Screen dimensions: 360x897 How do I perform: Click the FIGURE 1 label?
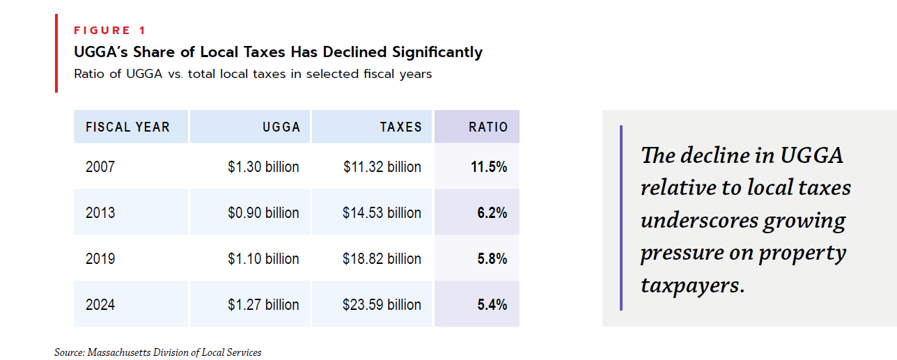pos(111,30)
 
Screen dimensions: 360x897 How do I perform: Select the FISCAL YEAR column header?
pos(127,127)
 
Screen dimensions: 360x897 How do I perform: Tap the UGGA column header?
pos(281,127)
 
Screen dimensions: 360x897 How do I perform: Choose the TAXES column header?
pos(400,127)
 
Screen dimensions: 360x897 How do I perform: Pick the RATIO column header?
pos(488,127)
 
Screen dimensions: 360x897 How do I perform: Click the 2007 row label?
pos(100,167)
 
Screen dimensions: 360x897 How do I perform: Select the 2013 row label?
pos(100,213)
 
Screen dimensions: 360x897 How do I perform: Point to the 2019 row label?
pos(100,259)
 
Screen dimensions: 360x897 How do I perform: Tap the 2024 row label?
pos(100,305)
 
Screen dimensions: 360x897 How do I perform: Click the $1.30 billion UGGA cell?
pos(263,167)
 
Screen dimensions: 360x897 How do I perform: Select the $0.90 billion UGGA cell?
pos(263,213)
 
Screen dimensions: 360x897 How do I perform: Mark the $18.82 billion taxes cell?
pos(382,259)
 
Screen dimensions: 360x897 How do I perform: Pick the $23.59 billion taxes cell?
pos(382,305)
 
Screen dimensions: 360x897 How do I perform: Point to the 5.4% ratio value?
pos(492,305)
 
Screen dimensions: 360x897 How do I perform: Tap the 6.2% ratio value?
pos(492,213)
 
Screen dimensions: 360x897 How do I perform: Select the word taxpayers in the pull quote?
pos(689,285)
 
